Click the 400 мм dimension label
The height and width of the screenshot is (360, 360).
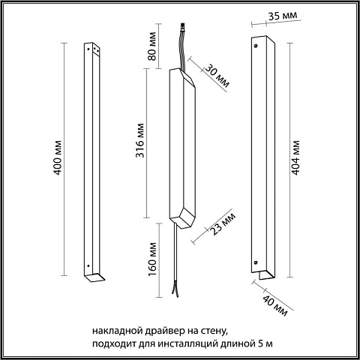pos(58,157)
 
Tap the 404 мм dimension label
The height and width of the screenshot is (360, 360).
pos(295,157)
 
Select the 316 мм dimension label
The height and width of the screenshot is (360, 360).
pos(140,140)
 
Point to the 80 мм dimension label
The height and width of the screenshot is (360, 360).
pos(151,46)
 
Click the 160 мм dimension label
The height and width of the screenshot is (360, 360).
pos(152,259)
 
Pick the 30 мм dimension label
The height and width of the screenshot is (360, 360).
pos(217,76)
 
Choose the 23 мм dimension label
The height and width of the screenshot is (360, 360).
pos(223,224)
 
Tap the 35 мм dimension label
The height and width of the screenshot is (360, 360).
pos(283,16)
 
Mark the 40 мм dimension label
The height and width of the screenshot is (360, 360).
pos(275,305)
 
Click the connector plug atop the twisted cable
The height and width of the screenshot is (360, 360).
pos(183,26)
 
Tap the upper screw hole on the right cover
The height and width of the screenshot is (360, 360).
pos(256,46)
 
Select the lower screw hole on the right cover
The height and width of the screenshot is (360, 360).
pos(256,262)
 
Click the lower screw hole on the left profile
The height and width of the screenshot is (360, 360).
pos(88,265)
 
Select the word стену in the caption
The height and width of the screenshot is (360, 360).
pos(214,331)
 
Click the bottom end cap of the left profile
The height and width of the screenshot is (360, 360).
pos(94,277)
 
